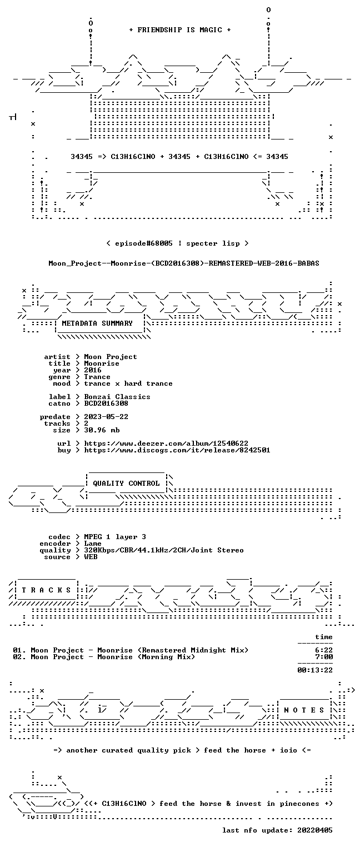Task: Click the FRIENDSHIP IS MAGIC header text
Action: tap(179, 30)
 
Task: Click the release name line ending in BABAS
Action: tap(184, 263)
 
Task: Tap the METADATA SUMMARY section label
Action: tap(97, 323)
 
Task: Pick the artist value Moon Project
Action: tap(111, 357)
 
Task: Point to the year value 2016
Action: tap(93, 370)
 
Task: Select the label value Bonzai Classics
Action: tap(117, 397)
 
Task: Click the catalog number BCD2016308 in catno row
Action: tap(106, 403)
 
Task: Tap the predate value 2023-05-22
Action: tap(106, 417)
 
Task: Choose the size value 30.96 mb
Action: tap(102, 430)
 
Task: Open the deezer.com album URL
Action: tap(166, 444)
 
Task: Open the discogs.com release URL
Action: tap(177, 450)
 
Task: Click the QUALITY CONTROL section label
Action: tap(126, 483)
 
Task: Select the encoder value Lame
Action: tap(93, 544)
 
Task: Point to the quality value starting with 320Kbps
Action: tap(164, 551)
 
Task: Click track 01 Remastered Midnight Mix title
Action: tap(131, 650)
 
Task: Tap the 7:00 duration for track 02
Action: tap(324, 657)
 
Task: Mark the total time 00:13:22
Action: tap(315, 670)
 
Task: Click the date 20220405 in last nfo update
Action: tap(315, 830)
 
